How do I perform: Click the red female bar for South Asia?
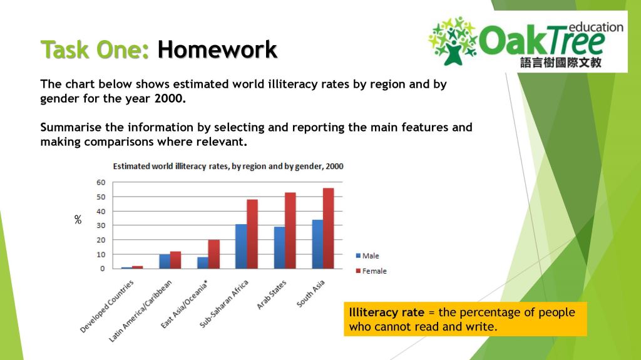pyautogui.click(x=329, y=229)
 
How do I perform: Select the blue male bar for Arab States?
pyautogui.click(x=279, y=248)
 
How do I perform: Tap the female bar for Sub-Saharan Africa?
pyautogui.click(x=252, y=234)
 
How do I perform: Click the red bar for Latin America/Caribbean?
pyautogui.click(x=175, y=260)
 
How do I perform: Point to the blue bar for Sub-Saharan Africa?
pyautogui.click(x=240, y=247)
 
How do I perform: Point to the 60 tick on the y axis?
pyautogui.click(x=100, y=182)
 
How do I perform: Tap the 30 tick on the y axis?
pyautogui.click(x=100, y=225)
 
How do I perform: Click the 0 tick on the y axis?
pyautogui.click(x=102, y=269)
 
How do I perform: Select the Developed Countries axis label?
pyautogui.click(x=108, y=306)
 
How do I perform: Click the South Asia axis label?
pyautogui.click(x=311, y=293)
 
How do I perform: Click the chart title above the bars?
pyautogui.click(x=228, y=167)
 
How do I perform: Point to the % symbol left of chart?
pyautogui.click(x=78, y=220)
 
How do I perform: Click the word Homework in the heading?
pyautogui.click(x=217, y=49)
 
